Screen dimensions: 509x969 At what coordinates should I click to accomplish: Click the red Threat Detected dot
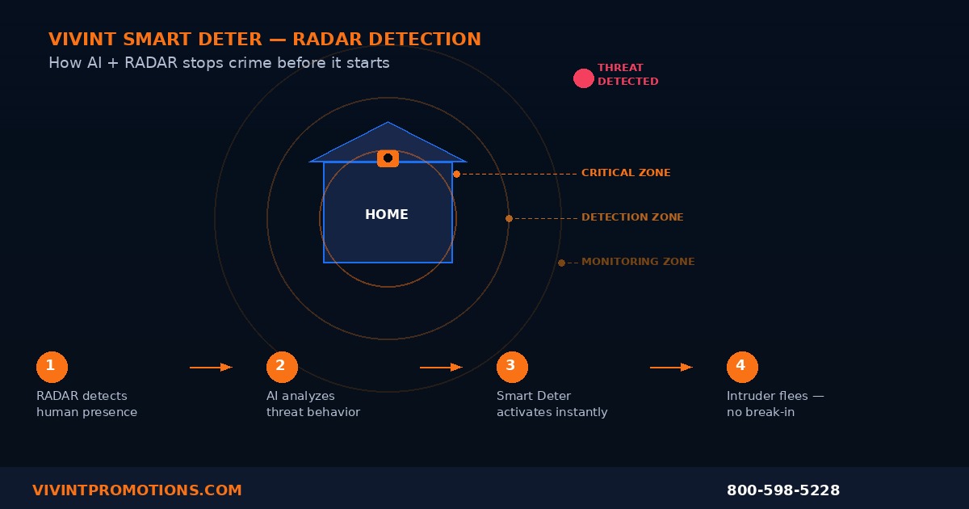[583, 78]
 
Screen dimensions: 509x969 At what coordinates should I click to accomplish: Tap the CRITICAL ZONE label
[626, 173]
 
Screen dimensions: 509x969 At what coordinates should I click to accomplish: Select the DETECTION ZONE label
[632, 217]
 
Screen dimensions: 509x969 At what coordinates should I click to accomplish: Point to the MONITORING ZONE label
[638, 262]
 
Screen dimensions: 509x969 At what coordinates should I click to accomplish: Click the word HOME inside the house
[387, 215]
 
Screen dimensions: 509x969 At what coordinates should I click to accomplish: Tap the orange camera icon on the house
[388, 158]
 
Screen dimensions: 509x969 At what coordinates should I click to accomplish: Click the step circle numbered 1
[52, 367]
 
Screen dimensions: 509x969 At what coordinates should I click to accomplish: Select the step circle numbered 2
[282, 367]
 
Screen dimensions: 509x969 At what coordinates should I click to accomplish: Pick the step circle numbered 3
[512, 367]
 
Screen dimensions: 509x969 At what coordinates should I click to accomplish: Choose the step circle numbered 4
[742, 367]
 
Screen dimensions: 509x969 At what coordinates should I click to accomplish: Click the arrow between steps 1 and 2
[211, 368]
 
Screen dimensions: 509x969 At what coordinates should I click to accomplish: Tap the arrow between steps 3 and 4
[671, 368]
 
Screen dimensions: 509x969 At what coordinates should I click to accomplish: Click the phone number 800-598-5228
[783, 490]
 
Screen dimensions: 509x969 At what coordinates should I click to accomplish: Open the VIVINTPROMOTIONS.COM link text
[137, 490]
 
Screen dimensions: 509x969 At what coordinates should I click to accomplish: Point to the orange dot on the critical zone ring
[456, 174]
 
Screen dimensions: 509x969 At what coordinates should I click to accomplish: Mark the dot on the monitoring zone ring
[561, 263]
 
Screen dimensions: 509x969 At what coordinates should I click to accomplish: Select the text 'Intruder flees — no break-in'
[775, 404]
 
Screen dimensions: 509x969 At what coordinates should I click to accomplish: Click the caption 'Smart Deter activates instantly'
[552, 404]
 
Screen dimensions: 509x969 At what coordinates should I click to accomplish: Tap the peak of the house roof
[388, 124]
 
